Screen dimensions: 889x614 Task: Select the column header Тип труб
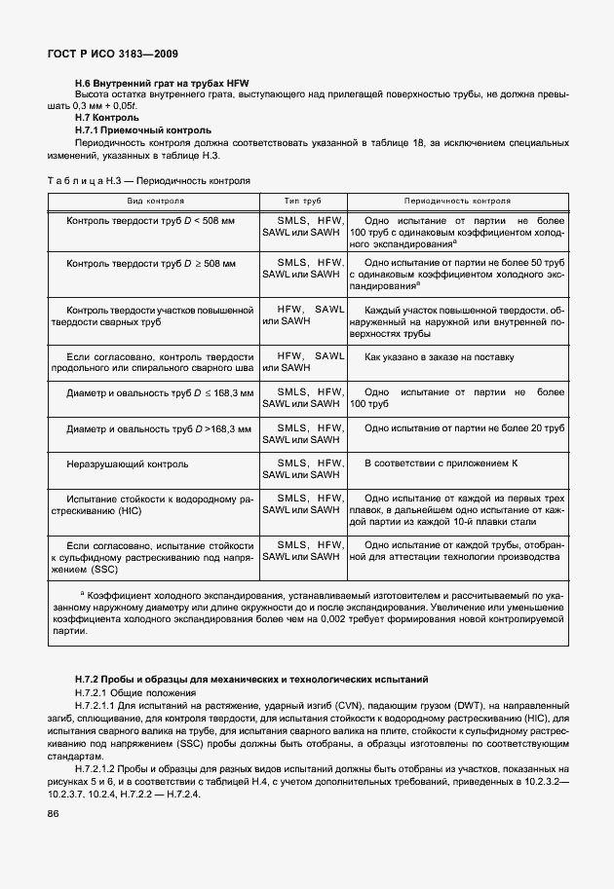302,201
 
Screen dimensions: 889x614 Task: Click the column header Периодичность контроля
457,201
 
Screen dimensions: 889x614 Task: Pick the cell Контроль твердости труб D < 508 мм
151,222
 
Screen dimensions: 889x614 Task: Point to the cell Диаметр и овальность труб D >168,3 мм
159,428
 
